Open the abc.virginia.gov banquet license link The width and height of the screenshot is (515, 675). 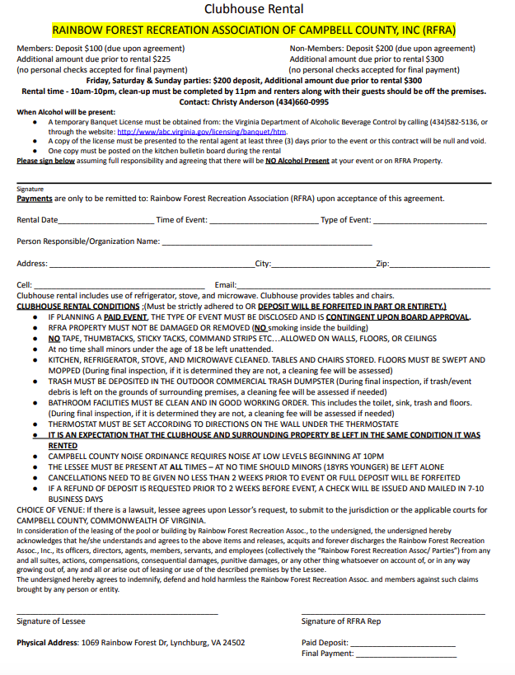[x=202, y=131]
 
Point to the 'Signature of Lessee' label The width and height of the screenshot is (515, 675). [x=51, y=621]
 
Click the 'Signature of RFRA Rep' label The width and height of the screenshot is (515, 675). [x=341, y=621]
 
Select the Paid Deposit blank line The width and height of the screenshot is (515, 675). [x=403, y=645]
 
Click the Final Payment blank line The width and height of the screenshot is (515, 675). [x=405, y=655]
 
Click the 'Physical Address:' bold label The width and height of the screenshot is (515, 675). [x=48, y=643]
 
